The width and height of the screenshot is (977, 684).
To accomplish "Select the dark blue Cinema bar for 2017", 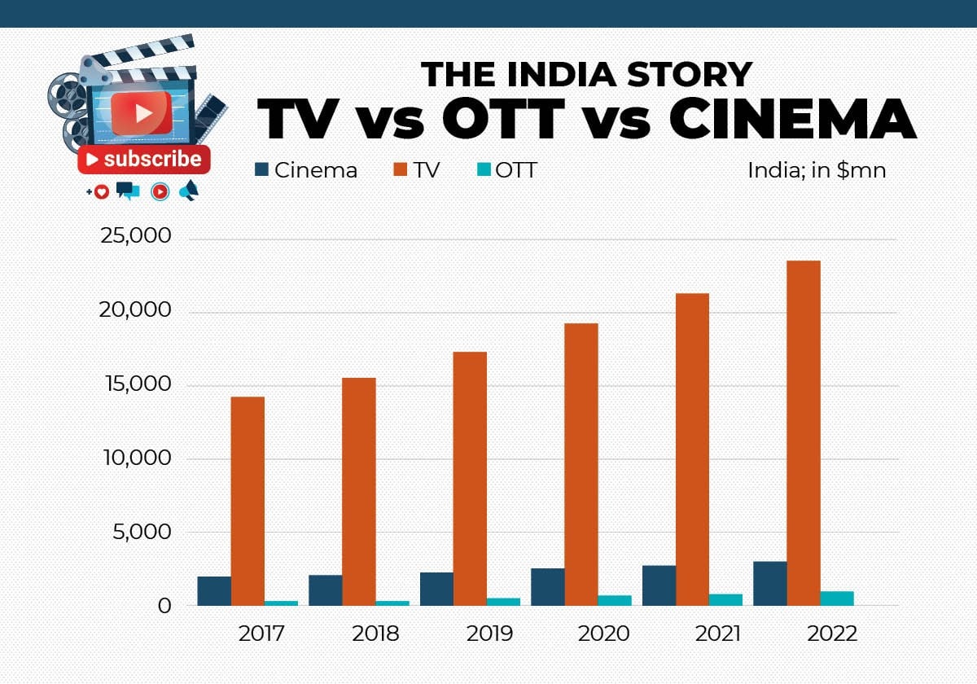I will (214, 591).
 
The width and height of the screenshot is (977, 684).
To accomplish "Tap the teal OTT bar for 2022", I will (837, 598).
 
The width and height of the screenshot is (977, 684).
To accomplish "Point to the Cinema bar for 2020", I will (548, 587).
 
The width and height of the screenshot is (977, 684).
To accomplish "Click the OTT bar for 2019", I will (503, 602).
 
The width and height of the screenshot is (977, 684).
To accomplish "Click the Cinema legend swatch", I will (261, 169).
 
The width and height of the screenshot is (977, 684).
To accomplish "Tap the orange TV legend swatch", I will (399, 169).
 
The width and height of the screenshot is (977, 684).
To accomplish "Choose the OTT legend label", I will (516, 170).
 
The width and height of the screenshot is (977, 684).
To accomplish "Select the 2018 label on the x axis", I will (375, 634).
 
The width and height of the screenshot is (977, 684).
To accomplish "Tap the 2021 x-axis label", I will (718, 634).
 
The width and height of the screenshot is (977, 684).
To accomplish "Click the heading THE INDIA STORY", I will (586, 74).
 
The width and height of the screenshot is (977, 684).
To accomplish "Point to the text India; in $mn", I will (817, 170).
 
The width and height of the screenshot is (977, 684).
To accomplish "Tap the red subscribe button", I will (144, 160).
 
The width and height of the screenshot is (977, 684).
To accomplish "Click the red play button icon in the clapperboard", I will (141, 113).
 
